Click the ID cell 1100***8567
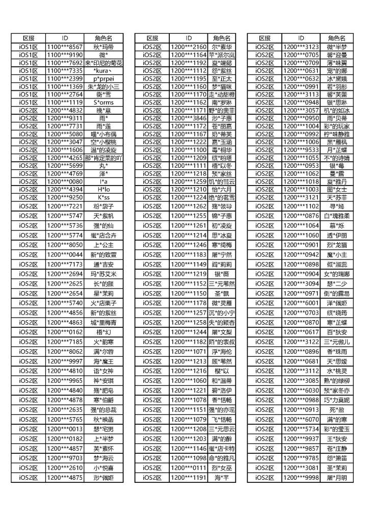coord(65,46)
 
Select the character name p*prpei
coord(103,79)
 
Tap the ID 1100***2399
coord(65,79)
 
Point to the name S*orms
coord(103,102)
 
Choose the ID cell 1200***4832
coord(65,110)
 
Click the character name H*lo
coord(103,189)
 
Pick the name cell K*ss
coord(103,197)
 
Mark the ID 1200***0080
coord(65,181)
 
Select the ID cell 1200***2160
coord(189,46)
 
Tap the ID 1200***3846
coord(189,118)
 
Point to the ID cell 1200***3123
coord(301,46)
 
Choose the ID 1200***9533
coord(301,150)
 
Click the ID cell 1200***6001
coord(301,303)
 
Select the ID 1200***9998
coord(301,478)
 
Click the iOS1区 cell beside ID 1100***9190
coord(29,55)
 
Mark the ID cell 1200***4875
coord(65,478)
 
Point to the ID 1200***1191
coord(189,478)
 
